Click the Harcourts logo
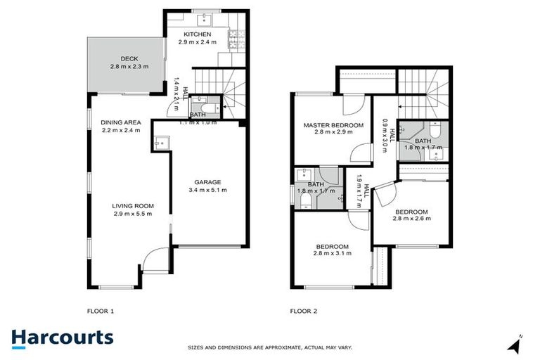pos(62,337)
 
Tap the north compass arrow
pos(516,345)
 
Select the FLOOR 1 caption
pos(100,310)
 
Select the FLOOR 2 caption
pos(304,310)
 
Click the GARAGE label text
pos(207,181)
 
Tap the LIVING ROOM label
pos(133,206)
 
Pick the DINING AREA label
pos(121,122)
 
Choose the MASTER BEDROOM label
pos(333,125)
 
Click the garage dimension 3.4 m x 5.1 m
pos(207,190)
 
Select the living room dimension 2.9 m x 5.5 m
pos(133,214)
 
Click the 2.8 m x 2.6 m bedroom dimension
pos(412,219)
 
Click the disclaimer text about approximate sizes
pos(270,347)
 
